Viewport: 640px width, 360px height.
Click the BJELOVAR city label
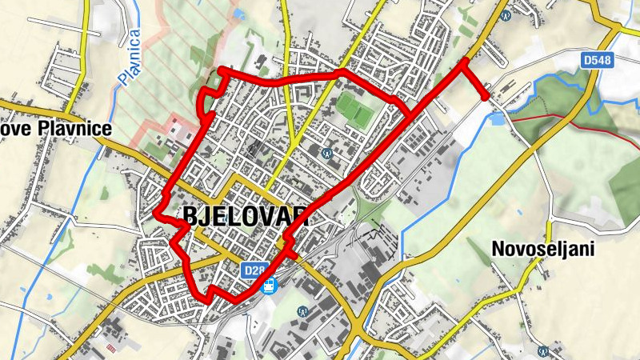(x=245, y=215)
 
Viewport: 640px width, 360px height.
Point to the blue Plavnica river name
(x=129, y=57)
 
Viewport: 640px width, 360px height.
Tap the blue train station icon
(x=269, y=285)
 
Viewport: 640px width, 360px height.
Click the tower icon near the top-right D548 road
(x=504, y=14)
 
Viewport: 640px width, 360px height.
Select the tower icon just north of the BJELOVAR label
(x=326, y=152)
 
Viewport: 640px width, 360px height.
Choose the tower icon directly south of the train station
(x=302, y=310)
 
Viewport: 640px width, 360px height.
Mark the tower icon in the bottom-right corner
(x=542, y=349)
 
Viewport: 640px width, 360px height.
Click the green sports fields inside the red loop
(x=354, y=110)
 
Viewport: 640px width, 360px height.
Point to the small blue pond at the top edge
(x=238, y=14)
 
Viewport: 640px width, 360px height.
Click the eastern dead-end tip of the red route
(x=486, y=97)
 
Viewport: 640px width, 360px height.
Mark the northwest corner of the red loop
(x=220, y=71)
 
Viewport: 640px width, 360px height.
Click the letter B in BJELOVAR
(x=191, y=215)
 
